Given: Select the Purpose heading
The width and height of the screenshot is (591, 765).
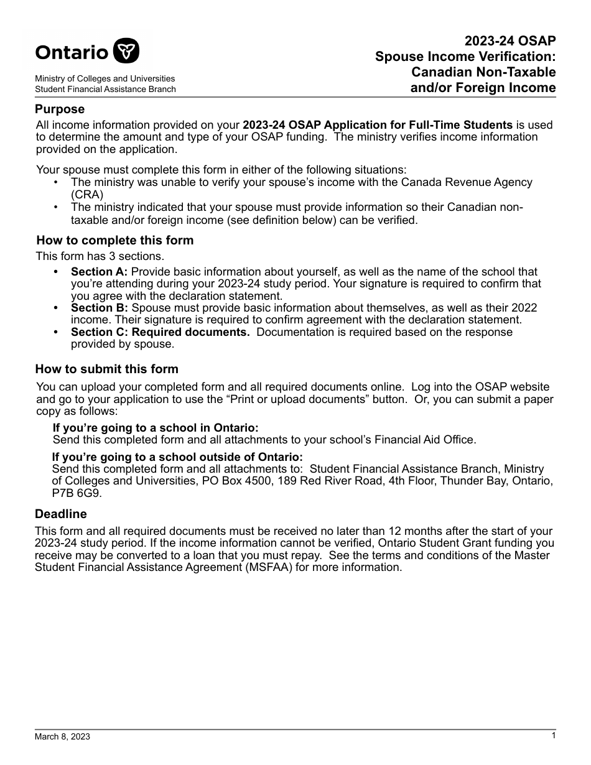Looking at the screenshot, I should point(60,109).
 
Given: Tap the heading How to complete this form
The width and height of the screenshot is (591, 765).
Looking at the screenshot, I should point(115,240).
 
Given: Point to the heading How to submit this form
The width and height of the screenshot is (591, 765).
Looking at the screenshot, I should point(106,369).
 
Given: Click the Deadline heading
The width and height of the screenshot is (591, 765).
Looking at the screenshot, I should point(61,514).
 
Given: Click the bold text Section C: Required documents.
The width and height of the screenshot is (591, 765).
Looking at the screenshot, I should point(160,332).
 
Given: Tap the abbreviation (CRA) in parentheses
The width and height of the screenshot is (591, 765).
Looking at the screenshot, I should point(87,194).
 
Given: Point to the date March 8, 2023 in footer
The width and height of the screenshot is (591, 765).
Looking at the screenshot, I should point(62,737).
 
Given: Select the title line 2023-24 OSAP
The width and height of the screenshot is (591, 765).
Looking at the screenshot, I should point(510,41).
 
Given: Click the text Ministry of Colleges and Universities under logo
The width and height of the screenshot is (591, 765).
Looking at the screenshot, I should point(105,79).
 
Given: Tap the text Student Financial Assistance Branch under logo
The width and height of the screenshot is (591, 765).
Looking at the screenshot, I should point(105,90).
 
